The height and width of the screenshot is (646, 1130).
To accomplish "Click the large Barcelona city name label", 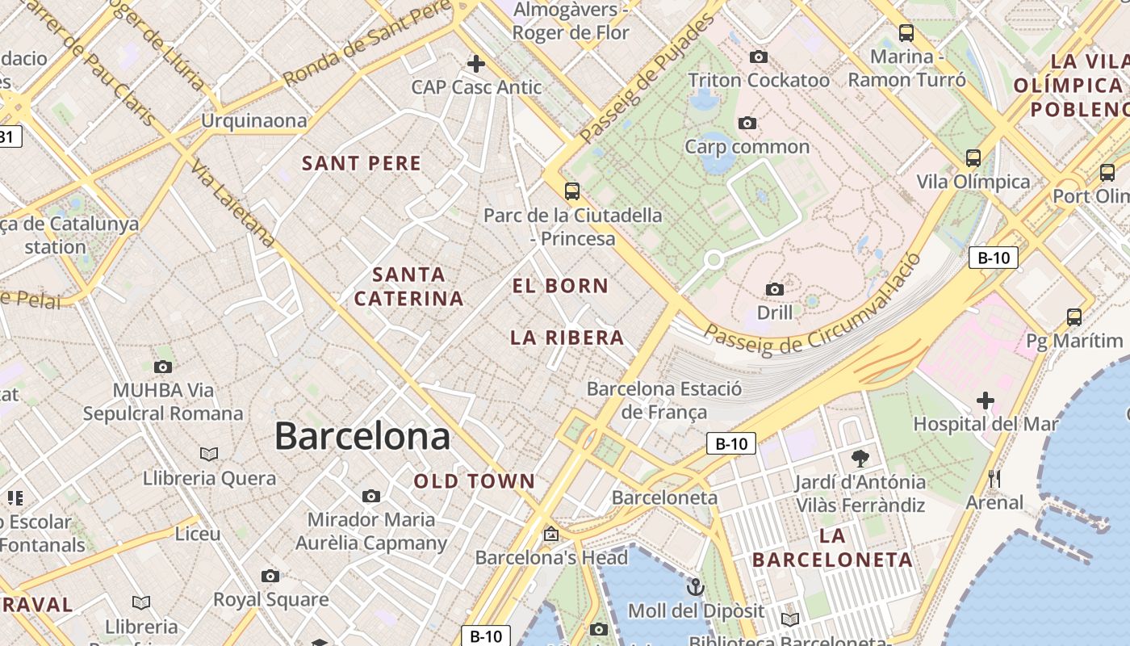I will (362, 436).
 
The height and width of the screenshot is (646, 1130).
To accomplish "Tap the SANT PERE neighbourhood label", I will (362, 163).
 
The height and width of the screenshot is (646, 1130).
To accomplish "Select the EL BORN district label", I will (560, 286).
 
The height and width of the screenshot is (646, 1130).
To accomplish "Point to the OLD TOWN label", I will (475, 481).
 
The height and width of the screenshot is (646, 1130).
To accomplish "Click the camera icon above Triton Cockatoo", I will (758, 57).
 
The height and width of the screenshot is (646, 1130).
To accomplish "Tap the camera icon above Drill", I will (774, 289).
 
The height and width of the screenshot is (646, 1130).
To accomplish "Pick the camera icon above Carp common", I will (747, 123).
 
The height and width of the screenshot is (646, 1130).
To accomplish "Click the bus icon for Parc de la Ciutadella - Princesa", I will (571, 191).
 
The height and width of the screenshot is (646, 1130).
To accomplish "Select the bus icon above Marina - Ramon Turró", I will (906, 33).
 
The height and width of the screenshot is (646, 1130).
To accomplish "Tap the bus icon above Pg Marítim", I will (1073, 317).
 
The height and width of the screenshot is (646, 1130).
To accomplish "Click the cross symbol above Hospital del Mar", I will (985, 400).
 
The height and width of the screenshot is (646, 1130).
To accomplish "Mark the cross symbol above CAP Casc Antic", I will (476, 63).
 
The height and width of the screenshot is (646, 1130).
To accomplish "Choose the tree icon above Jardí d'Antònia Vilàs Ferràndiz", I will (860, 459).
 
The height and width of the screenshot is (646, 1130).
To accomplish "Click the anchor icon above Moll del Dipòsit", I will (695, 586).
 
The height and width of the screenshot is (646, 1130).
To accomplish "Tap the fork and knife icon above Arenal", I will (994, 479).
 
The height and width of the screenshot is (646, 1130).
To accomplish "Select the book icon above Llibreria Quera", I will (209, 455).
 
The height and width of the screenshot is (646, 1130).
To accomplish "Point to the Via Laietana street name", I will (232, 202).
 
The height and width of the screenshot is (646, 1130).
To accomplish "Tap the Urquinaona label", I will (254, 121).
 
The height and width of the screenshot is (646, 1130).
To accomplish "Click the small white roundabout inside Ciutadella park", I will (714, 260).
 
